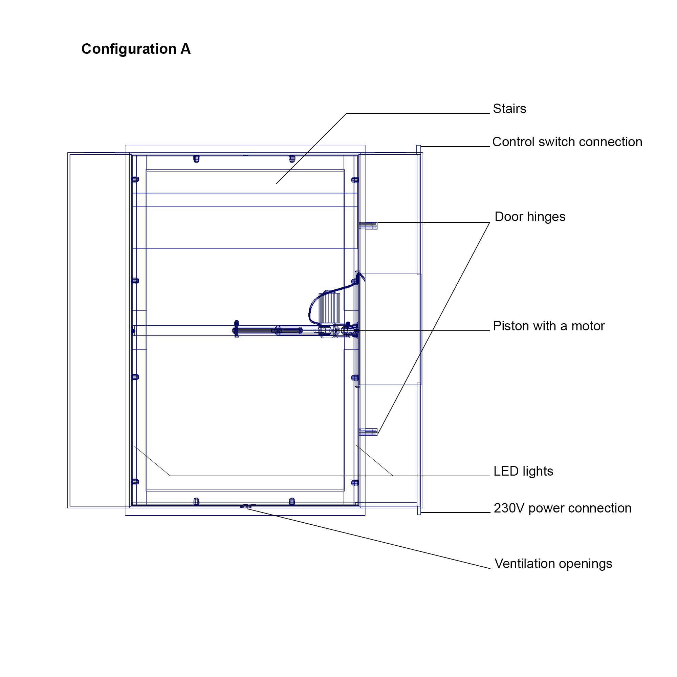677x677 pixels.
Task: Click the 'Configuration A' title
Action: (x=136, y=49)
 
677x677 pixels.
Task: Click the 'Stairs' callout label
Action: (x=509, y=109)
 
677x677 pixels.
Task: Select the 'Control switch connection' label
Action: (x=567, y=142)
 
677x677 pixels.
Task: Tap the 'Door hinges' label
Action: (x=530, y=217)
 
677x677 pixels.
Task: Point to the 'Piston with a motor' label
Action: (x=549, y=326)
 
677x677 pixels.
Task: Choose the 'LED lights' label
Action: (x=523, y=471)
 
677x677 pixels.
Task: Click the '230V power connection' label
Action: (x=562, y=508)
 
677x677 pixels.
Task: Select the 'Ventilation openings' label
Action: (x=553, y=564)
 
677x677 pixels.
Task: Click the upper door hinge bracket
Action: (x=368, y=226)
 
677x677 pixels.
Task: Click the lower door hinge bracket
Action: (x=368, y=432)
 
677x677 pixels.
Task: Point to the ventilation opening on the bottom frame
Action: (x=246, y=507)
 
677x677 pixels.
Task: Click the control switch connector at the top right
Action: (x=419, y=150)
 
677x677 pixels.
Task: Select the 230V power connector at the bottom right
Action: (x=419, y=510)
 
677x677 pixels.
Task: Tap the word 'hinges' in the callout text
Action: (x=546, y=217)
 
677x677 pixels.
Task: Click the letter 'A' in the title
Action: (x=186, y=49)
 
